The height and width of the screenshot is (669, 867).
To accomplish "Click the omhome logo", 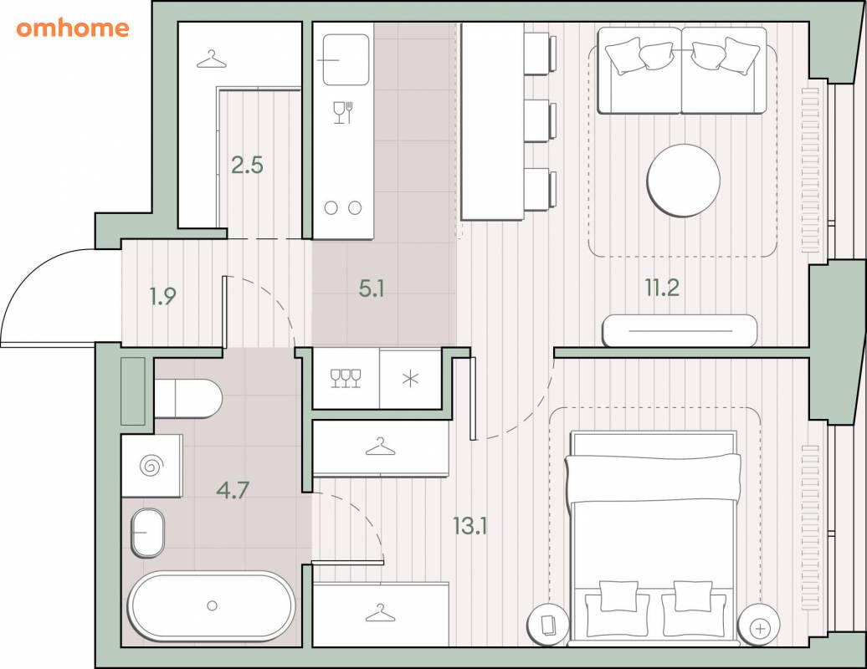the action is (x=73, y=28).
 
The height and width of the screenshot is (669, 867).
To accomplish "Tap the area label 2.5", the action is (x=247, y=165).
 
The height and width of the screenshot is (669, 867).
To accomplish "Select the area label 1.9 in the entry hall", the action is (x=163, y=297).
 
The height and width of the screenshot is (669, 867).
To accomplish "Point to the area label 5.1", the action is (x=372, y=288).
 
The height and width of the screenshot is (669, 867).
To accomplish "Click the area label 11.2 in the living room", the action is (x=663, y=288).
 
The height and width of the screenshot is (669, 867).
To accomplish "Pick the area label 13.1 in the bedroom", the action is (x=470, y=525).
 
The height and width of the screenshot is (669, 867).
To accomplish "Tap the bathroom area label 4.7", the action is (x=233, y=490).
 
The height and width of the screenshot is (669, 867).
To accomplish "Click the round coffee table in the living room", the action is (x=684, y=180).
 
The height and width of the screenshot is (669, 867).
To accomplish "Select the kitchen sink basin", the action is (x=346, y=59).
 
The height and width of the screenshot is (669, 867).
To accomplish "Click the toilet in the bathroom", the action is (x=188, y=398).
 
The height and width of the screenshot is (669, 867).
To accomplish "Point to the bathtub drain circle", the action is (x=212, y=606).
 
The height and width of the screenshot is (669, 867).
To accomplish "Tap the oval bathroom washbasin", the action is (x=147, y=533).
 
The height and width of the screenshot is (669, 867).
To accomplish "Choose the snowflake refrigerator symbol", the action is (x=410, y=379).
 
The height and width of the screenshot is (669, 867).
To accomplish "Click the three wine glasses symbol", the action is (x=346, y=379).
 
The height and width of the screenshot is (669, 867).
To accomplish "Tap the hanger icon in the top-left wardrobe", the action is (x=211, y=59).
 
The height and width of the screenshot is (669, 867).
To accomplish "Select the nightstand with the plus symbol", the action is (x=760, y=627).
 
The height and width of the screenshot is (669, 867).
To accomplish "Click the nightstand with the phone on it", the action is (x=548, y=626).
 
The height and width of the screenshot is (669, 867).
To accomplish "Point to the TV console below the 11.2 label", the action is (x=680, y=330).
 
